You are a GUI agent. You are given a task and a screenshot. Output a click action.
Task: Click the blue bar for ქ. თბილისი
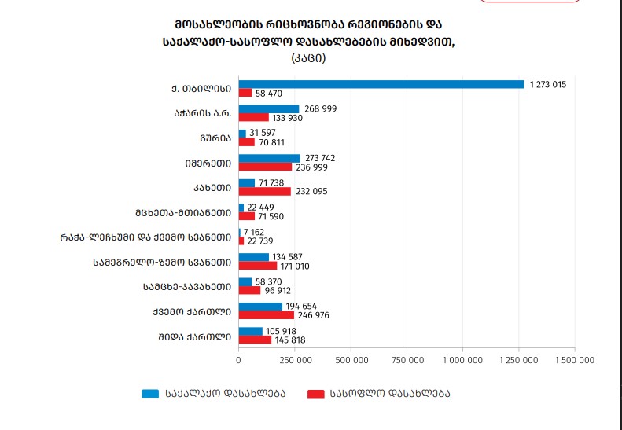[381, 84]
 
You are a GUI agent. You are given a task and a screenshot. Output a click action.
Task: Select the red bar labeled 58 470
[245, 93]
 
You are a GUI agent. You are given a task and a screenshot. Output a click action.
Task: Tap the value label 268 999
[320, 108]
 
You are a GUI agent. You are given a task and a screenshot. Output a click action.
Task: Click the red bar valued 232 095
[265, 191]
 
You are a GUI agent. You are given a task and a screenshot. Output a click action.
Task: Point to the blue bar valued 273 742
[269, 158]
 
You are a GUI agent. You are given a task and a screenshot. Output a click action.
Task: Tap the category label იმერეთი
[208, 163]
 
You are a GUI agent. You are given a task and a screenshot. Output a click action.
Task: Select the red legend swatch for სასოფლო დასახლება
[316, 392]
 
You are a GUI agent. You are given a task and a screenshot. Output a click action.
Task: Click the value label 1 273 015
[548, 84]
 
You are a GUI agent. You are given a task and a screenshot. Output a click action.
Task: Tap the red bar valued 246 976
[267, 315]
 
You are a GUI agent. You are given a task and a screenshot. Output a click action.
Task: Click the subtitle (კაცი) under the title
[308, 57]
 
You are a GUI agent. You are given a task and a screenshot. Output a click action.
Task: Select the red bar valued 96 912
[249, 290]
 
